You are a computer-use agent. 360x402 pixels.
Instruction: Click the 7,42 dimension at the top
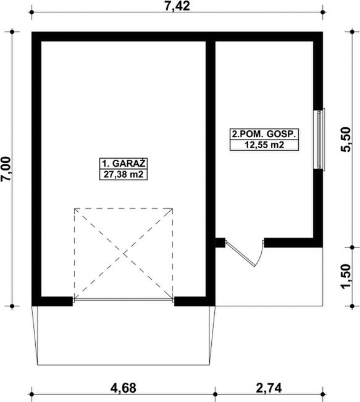pyautogui.click(x=177, y=6)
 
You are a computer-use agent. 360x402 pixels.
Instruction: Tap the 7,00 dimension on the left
pyautogui.click(x=6, y=169)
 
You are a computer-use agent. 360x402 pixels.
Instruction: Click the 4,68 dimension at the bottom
pyautogui.click(x=123, y=388)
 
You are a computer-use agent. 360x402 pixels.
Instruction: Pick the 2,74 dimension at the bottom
pyautogui.click(x=269, y=388)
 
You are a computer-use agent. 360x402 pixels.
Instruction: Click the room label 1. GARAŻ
pyautogui.click(x=123, y=163)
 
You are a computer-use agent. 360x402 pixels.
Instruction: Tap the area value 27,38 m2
pyautogui.click(x=123, y=175)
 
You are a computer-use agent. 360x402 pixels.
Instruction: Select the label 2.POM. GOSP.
pyautogui.click(x=264, y=134)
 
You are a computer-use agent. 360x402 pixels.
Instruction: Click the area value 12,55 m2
pyautogui.click(x=264, y=145)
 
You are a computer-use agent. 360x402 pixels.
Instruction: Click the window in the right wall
pyautogui.click(x=319, y=140)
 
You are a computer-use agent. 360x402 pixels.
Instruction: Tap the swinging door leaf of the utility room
pyautogui.click(x=240, y=253)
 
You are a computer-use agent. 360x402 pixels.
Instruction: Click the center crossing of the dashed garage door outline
pyautogui.click(x=123, y=254)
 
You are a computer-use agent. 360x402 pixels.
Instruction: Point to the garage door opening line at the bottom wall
pyautogui.click(x=123, y=299)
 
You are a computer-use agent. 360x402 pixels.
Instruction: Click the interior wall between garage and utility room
pyautogui.click(x=211, y=169)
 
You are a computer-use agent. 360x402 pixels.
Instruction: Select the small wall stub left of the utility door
pyautogui.click(x=220, y=243)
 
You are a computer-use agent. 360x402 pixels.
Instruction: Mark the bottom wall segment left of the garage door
pyautogui.click(x=52, y=301)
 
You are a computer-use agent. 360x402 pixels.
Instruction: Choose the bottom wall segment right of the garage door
pyautogui.click(x=195, y=301)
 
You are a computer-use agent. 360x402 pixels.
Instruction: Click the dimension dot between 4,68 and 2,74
pyautogui.click(x=216, y=394)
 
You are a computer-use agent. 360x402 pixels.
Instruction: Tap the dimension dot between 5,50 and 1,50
pyautogui.click(x=352, y=248)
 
